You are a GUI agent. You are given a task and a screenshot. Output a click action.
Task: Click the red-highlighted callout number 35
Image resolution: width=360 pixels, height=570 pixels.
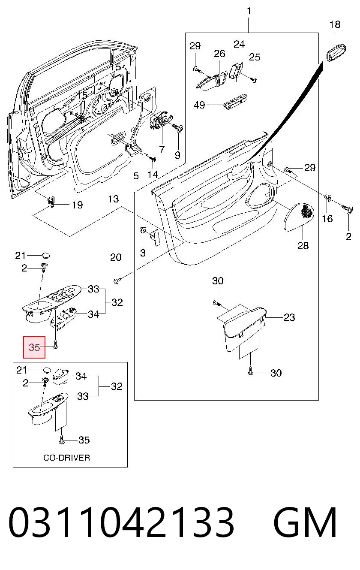[34, 347]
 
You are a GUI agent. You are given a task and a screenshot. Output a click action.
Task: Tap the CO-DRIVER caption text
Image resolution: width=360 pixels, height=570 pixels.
[66, 458]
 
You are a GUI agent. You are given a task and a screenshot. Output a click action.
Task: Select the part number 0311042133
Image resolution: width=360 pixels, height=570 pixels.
[121, 522]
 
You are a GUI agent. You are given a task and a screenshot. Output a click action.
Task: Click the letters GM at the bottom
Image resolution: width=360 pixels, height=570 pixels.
[305, 522]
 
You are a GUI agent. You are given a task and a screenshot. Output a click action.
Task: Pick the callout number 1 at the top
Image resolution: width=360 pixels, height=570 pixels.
[249, 11]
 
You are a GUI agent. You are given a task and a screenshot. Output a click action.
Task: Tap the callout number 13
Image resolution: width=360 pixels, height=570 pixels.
[113, 199]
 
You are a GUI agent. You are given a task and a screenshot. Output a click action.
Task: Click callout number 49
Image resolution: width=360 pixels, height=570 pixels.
[199, 105]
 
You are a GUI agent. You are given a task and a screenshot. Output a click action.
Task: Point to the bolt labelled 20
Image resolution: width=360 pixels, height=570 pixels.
[117, 281]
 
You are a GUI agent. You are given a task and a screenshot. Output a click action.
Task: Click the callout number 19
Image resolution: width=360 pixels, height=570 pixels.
[77, 205]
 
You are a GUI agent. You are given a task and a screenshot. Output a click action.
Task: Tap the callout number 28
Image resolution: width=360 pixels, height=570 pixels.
[303, 246]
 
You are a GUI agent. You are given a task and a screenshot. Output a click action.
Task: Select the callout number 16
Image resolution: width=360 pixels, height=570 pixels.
[327, 218]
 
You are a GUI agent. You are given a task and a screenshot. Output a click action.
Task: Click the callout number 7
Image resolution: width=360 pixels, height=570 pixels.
[162, 150]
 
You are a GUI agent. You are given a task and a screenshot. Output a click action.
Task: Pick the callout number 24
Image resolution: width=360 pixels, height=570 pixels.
[239, 44]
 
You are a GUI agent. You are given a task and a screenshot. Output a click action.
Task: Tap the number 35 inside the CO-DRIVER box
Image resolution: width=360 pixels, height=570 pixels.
[84, 440]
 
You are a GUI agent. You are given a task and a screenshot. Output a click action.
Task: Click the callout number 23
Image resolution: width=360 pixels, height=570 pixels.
[289, 317]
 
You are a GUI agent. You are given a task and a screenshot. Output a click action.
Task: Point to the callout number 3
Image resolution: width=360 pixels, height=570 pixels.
[143, 253]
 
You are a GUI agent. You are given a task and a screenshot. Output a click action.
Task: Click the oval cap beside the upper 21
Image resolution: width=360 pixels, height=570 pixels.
[46, 255]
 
